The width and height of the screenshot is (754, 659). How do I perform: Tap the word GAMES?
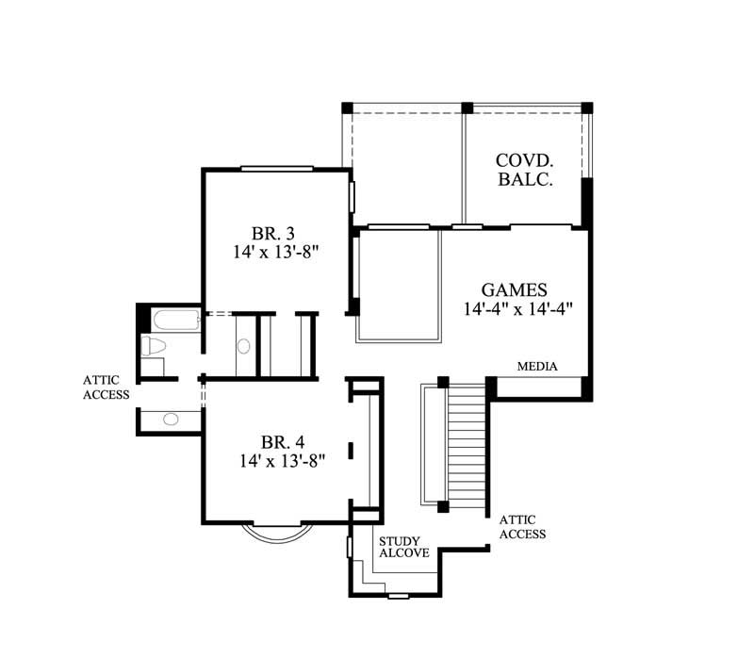click(514, 289)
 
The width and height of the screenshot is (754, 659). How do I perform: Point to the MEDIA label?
click(537, 367)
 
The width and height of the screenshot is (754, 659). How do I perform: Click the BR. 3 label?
click(273, 234)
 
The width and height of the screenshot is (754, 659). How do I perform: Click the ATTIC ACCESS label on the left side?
click(106, 387)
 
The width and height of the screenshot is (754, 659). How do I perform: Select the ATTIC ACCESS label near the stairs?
click(522, 527)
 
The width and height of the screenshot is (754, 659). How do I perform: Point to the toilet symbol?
click(153, 346)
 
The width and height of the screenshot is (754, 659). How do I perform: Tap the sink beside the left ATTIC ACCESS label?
click(171, 420)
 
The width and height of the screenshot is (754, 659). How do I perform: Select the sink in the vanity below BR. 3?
click(243, 346)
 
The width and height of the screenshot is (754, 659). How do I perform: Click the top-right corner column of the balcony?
click(586, 107)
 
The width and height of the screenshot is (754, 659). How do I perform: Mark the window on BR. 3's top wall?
click(276, 169)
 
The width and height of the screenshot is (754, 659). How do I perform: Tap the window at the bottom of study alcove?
click(399, 596)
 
